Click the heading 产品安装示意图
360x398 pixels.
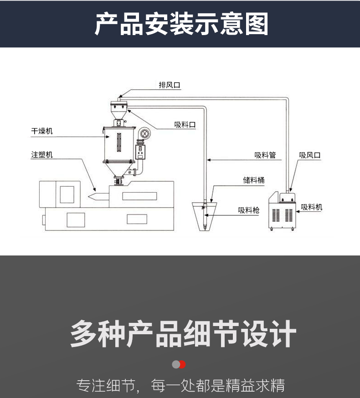[x=181, y=24]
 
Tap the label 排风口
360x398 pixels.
[x=169, y=85]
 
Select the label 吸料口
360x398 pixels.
[x=185, y=125]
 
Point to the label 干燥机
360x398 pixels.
[x=42, y=131]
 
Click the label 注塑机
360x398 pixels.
[x=42, y=155]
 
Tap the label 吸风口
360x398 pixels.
[x=310, y=155]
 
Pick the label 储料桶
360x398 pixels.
[x=253, y=180]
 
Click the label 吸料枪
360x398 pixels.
[x=248, y=210]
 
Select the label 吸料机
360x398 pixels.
[x=312, y=207]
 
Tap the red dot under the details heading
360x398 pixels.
[x=182, y=364]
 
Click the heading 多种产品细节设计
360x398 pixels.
[x=183, y=334]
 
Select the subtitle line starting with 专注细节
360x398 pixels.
[x=180, y=385]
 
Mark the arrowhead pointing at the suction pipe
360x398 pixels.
[x=209, y=160]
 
